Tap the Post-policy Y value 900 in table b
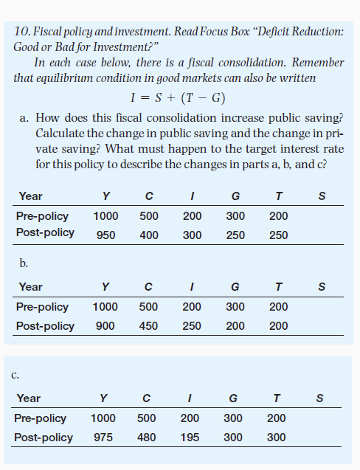point(105,325)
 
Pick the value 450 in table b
point(149,325)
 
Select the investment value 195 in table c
point(190,437)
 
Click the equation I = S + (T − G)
point(177,97)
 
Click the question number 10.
point(21,32)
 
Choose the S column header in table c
point(319,399)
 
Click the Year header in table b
point(31,287)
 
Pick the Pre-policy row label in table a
point(42,216)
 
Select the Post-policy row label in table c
point(44,437)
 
